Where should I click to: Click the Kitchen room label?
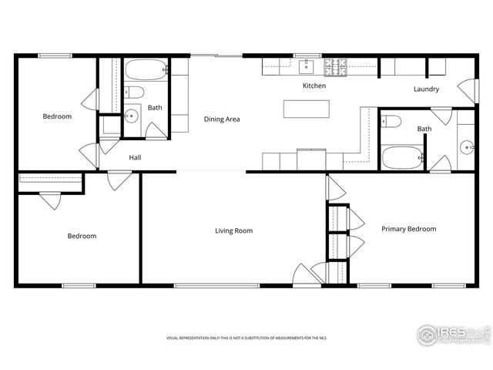click(314, 86)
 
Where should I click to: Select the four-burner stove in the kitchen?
click(335, 67)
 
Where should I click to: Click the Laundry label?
click(426, 89)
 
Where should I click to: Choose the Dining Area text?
click(222, 119)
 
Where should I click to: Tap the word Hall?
click(135, 157)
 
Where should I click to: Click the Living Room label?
click(233, 230)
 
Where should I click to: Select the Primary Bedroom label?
click(408, 229)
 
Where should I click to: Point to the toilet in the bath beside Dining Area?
click(135, 93)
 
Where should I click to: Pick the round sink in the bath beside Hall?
click(130, 117)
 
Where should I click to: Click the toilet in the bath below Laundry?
click(390, 122)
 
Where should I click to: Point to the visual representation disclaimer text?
click(246, 338)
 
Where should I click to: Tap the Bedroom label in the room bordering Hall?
click(57, 117)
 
